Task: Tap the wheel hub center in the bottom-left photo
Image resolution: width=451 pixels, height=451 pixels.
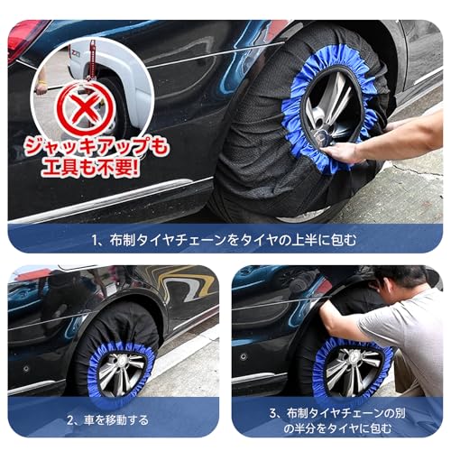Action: pos(123,372)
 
